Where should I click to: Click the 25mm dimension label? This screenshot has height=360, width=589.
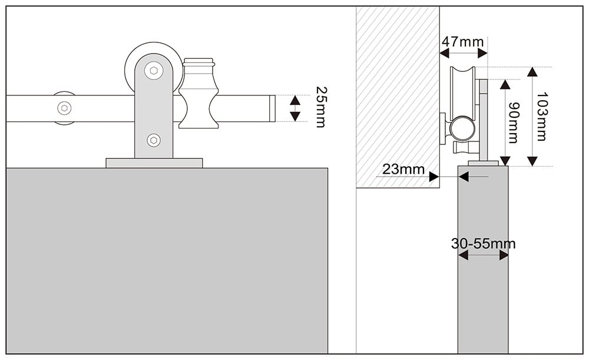point(320,108)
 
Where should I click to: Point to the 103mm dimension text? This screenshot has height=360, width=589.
point(541,117)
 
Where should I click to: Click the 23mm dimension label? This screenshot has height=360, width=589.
point(403,170)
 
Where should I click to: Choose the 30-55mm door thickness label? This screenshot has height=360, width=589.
point(483,243)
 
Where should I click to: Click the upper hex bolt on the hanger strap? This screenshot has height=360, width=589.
point(154,71)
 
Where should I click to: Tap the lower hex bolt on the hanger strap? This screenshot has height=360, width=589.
point(154,140)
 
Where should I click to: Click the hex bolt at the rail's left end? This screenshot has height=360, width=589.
point(64,108)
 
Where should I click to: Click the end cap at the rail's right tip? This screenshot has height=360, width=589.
point(272,108)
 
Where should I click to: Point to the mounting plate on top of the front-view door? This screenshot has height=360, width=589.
point(154,163)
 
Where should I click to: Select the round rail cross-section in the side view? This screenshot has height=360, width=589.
point(462,128)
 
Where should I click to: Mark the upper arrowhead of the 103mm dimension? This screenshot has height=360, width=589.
point(532,72)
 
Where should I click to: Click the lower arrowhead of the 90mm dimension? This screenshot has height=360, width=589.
point(505,161)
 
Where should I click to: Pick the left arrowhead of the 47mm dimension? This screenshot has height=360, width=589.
point(445,53)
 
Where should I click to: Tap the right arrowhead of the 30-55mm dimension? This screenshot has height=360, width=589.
point(504,255)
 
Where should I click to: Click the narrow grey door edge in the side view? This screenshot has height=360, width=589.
point(483,295)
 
